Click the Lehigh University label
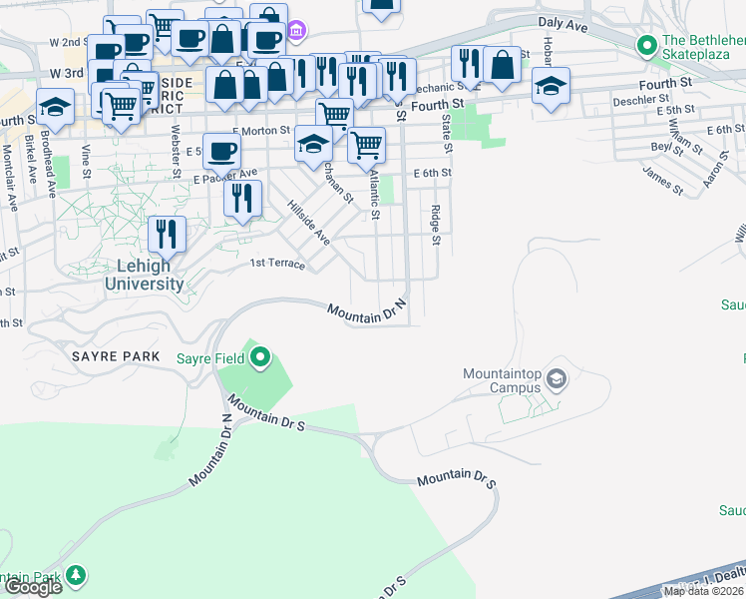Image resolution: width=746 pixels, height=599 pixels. tap(145, 276)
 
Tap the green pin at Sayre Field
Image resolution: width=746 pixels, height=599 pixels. tap(261, 355)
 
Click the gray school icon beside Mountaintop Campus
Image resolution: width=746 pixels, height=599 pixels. tap(557, 378)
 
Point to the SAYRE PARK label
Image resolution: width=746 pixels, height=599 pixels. tap(109, 356)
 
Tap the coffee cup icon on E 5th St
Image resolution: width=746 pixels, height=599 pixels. tap(221, 151)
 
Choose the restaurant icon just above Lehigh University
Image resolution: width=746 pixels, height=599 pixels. tap(168, 234)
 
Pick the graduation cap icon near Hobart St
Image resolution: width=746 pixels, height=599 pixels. tap(551, 85)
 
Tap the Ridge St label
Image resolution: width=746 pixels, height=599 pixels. tap(436, 225)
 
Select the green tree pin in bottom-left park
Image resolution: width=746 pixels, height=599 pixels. tap(76, 576)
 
